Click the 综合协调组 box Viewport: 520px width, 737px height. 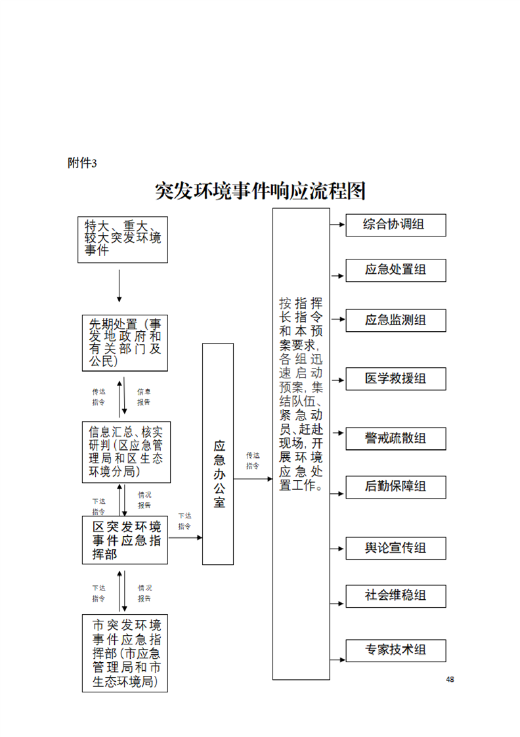(x=396, y=225)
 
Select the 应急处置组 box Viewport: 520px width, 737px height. (x=396, y=270)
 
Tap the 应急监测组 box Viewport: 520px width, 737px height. (x=396, y=320)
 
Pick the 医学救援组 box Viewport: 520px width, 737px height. (x=396, y=378)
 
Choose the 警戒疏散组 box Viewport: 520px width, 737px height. (x=396, y=438)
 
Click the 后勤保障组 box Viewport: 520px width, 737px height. (x=396, y=487)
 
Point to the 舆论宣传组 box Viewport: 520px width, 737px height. (x=396, y=548)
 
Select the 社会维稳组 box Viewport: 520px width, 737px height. (x=396, y=596)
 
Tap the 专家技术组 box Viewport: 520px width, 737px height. (x=396, y=650)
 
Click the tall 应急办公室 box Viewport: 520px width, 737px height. (x=218, y=454)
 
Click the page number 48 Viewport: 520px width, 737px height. (x=450, y=679)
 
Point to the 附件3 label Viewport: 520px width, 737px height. (x=82, y=164)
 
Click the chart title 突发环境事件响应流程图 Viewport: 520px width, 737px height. (x=260, y=191)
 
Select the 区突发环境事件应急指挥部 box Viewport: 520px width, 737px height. (x=125, y=540)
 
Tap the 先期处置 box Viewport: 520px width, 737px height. (x=125, y=343)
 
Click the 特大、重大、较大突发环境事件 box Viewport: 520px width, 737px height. (x=123, y=239)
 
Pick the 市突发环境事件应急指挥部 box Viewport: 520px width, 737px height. (x=125, y=653)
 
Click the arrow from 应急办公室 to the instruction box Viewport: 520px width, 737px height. (x=253, y=479)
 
